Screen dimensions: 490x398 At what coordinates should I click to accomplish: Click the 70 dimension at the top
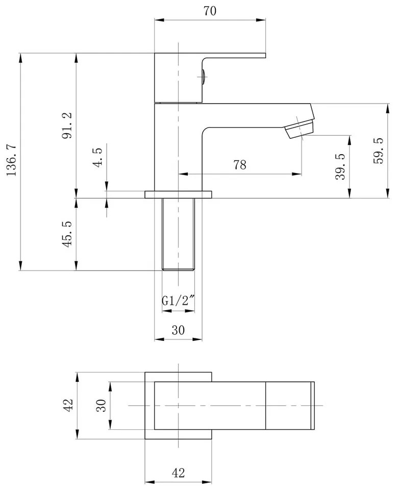pyautogui.click(x=210, y=11)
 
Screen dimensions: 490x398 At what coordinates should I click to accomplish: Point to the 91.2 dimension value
pyautogui.click(x=67, y=126)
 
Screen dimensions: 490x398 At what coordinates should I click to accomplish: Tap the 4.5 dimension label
pyautogui.click(x=98, y=155)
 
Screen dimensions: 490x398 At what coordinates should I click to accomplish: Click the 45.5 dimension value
pyautogui.click(x=67, y=234)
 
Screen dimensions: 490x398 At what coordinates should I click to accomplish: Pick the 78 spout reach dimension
pyautogui.click(x=240, y=165)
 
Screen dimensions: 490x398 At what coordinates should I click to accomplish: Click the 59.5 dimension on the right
pyautogui.click(x=378, y=150)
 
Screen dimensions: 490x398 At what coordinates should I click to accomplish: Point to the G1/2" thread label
pyautogui.click(x=178, y=302)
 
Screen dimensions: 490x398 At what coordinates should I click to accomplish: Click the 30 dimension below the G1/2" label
pyautogui.click(x=178, y=330)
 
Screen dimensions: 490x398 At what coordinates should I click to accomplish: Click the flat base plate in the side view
pyautogui.click(x=178, y=194)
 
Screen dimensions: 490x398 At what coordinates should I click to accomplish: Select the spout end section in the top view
pyautogui.click(x=290, y=405)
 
